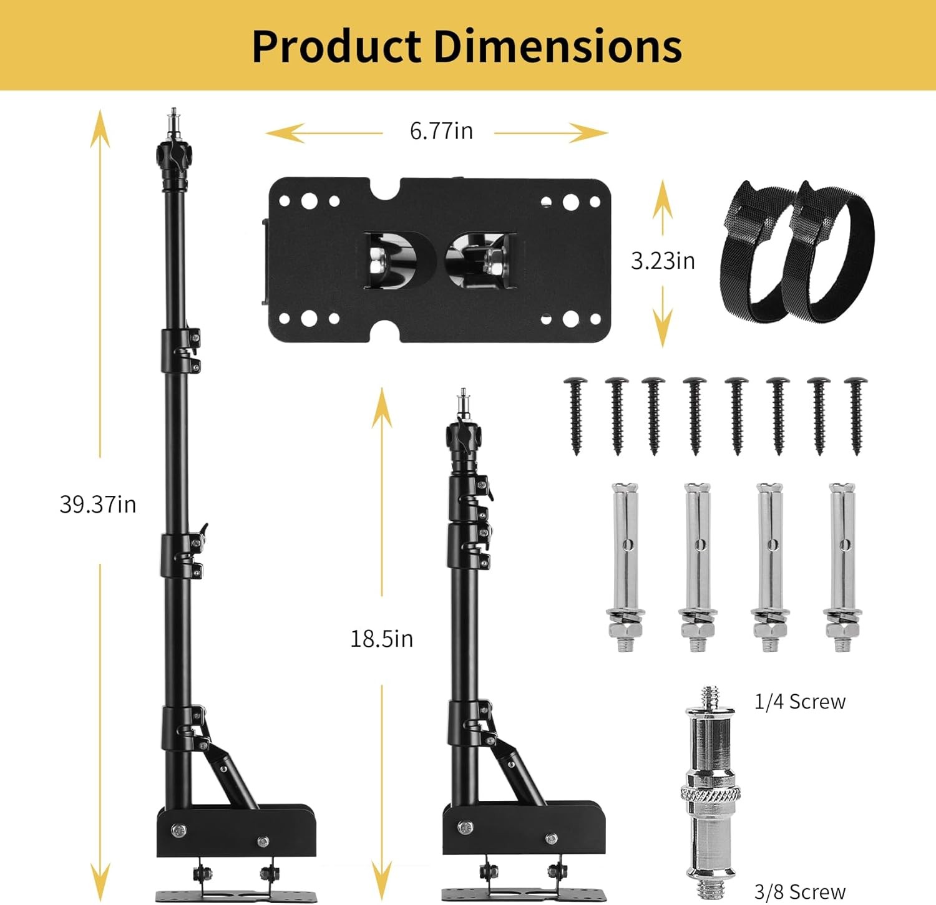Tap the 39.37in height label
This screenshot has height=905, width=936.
(x=98, y=504)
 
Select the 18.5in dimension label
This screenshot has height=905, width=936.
(x=381, y=639)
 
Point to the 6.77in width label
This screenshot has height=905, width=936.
(x=441, y=131)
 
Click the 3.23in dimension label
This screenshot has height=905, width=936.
(x=663, y=261)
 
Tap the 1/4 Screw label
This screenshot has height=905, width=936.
(x=800, y=702)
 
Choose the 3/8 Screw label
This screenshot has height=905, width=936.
(x=800, y=892)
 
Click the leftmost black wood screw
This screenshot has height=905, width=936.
(x=575, y=415)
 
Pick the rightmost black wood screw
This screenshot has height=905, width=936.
(x=856, y=415)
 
